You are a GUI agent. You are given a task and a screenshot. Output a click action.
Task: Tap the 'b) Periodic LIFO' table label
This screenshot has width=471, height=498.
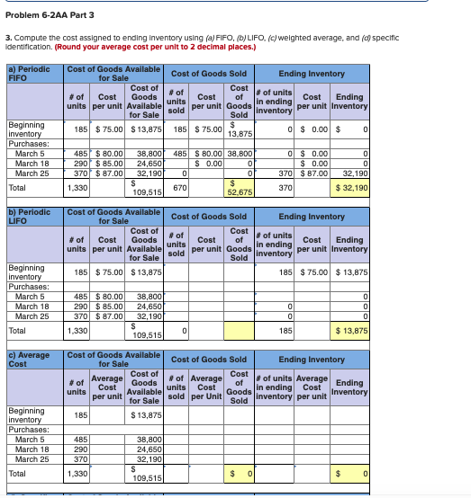(x=27, y=215)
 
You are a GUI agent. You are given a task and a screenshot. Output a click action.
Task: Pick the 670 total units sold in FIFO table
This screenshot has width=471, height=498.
(x=179, y=186)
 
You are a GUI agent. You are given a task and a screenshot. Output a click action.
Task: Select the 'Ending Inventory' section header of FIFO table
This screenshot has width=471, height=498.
(x=312, y=74)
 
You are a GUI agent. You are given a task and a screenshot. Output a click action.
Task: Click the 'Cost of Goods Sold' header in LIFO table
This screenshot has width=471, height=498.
(x=208, y=216)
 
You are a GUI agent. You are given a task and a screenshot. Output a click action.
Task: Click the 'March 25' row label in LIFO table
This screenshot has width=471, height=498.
(x=32, y=316)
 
